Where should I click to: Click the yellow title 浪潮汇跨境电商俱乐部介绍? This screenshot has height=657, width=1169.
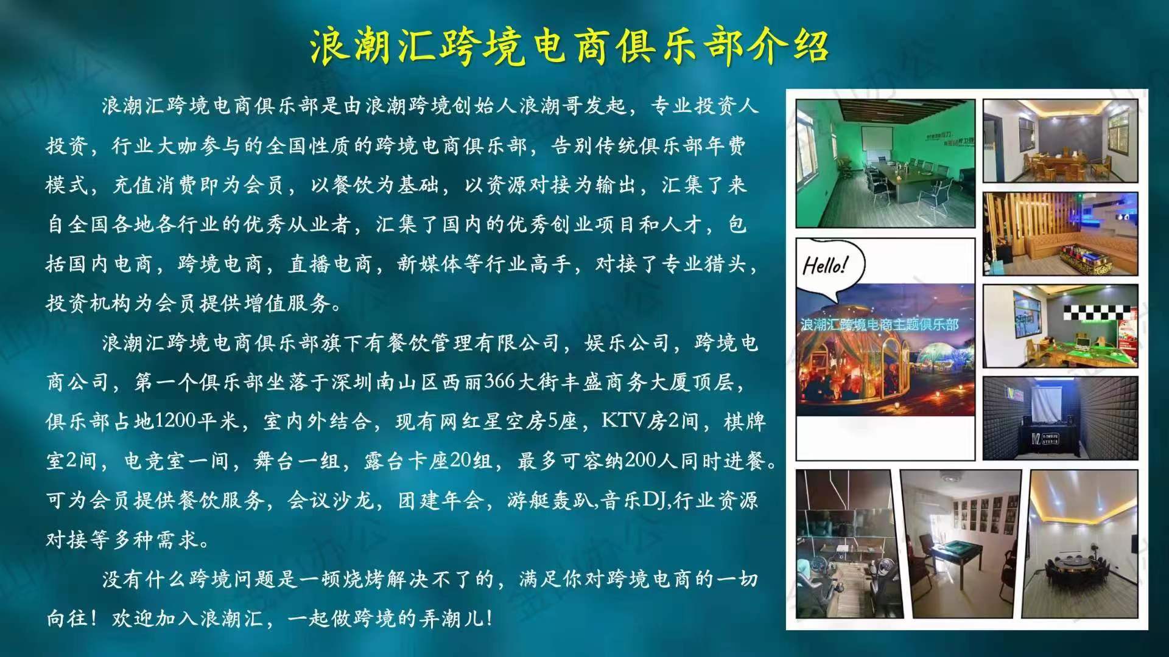(569, 45)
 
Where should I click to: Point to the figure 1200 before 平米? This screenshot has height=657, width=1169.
(175, 420)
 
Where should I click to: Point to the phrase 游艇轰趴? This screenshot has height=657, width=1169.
(550, 500)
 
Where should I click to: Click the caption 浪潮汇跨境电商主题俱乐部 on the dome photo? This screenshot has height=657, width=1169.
(879, 324)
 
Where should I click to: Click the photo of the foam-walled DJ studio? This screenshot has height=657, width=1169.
(1060, 418)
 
